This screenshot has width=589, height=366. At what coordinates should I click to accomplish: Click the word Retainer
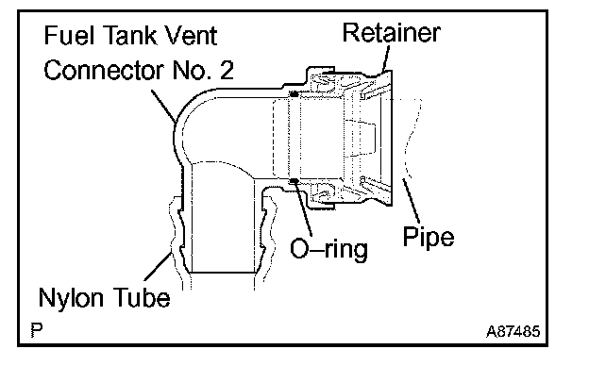pos(391,33)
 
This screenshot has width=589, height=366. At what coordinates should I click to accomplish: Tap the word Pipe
pos(429,237)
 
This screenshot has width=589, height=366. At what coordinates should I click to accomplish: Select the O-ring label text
pos(329,249)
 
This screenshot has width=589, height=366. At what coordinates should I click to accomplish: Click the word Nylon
pos(71,298)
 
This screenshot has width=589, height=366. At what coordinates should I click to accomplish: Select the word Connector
pos(104,70)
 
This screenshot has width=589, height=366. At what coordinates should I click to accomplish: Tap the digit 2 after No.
pos(227,70)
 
